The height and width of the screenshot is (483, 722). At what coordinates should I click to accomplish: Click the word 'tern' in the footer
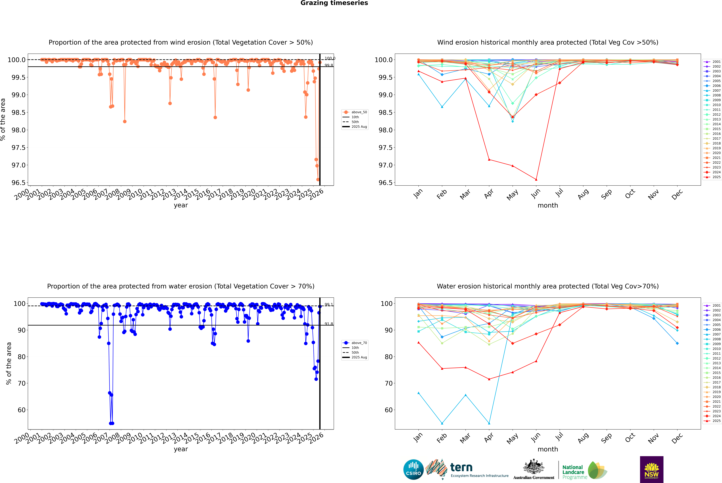pos(461,468)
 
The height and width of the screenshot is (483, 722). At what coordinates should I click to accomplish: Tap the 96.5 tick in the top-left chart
pos(18,183)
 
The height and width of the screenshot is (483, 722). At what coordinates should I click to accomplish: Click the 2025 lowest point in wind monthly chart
pos(536,180)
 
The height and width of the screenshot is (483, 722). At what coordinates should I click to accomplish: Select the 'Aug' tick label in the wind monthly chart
pos(583,194)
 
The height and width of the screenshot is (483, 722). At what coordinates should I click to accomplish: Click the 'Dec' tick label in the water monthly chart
pos(677,438)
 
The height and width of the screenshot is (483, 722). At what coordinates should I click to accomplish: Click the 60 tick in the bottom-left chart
pos(22,410)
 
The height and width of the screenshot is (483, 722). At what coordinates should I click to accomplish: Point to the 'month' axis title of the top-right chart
pos(547,205)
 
